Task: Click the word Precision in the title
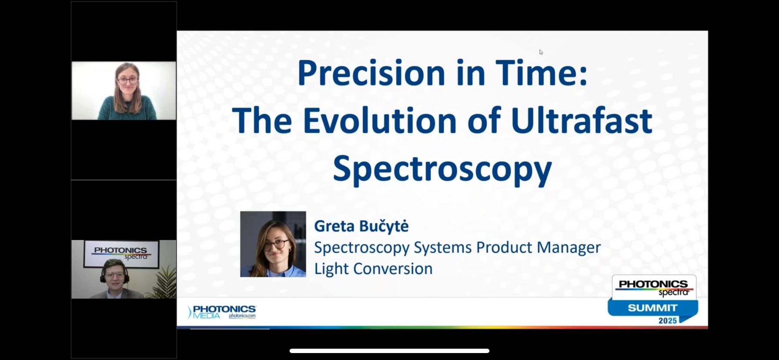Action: pyautogui.click(x=371, y=73)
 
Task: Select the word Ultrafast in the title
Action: pyautogui.click(x=582, y=120)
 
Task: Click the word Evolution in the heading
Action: pyautogui.click(x=380, y=120)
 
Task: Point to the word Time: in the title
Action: pyautogui.click(x=541, y=73)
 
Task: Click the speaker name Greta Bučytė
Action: pyautogui.click(x=361, y=226)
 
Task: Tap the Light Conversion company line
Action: pyautogui.click(x=373, y=269)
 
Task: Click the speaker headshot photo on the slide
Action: pyautogui.click(x=273, y=244)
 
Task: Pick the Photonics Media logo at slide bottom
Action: pyautogui.click(x=222, y=312)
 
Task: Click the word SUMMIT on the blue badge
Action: pyautogui.click(x=652, y=308)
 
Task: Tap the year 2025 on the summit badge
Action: pyautogui.click(x=667, y=321)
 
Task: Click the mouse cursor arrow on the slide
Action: pyautogui.click(x=541, y=52)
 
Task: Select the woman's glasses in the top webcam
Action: pyautogui.click(x=127, y=80)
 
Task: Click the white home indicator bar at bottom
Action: pyautogui.click(x=389, y=351)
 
